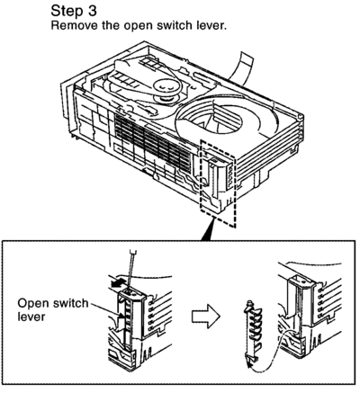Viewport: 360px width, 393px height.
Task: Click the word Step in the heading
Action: pos(66,12)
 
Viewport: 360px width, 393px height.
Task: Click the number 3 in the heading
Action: pos(92,11)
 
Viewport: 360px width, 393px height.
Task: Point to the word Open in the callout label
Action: pos(32,304)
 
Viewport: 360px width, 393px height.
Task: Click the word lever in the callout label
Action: pos(31,317)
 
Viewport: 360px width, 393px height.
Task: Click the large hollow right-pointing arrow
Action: pos(206,317)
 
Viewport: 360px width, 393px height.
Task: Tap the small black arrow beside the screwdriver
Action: pos(118,283)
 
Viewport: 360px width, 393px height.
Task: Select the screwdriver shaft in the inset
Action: pos(130,268)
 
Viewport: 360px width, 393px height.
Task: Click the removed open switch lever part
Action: pos(252,332)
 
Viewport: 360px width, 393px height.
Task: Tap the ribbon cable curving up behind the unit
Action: pos(244,67)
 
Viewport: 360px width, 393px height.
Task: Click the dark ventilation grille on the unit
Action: pos(152,145)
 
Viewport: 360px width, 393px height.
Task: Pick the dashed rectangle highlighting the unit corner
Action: pos(217,183)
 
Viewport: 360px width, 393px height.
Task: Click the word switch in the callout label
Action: pos(70,303)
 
